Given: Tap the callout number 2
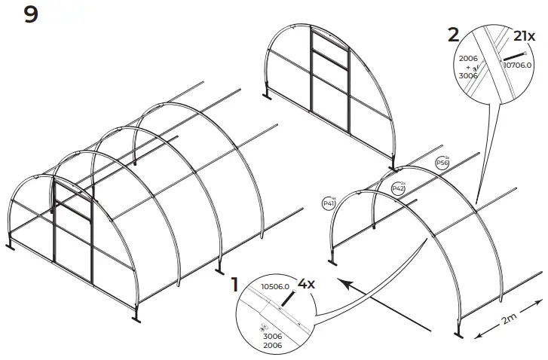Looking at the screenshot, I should pos(453,33).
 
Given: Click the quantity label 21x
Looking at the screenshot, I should pos(524,35).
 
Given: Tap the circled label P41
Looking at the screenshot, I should pos(329,203).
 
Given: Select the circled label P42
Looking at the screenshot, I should pos(399,188).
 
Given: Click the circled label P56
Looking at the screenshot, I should pos(442,163).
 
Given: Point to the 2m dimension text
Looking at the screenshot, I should pos(510,320).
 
